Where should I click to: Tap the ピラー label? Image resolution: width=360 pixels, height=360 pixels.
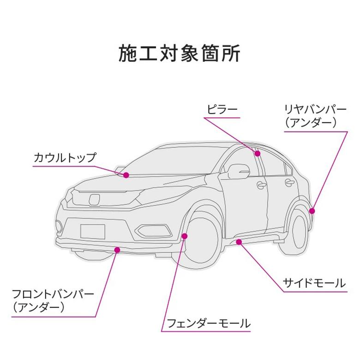pos(222,110)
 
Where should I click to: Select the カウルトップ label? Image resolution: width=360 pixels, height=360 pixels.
pos(65,157)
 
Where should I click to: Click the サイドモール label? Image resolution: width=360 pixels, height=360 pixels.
pos(314,283)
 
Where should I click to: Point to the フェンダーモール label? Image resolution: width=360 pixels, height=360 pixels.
pos(208,323)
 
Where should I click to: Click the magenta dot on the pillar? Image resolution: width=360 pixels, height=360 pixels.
pos(258,153)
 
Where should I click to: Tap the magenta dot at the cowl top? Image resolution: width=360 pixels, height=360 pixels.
pos(126,175)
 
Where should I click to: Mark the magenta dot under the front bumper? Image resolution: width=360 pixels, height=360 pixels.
pos(118,250)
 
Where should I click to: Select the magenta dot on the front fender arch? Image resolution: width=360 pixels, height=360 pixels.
pos(185,236)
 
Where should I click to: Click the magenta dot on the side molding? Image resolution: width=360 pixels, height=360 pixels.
pos(239,241)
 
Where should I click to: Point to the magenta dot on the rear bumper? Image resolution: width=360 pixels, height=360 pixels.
pos(312,211)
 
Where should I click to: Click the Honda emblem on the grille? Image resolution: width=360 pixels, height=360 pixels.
pos(94,199)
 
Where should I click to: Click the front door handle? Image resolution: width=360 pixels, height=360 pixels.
pos(262,185)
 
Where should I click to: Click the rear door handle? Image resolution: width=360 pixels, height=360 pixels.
pos(289,183)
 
